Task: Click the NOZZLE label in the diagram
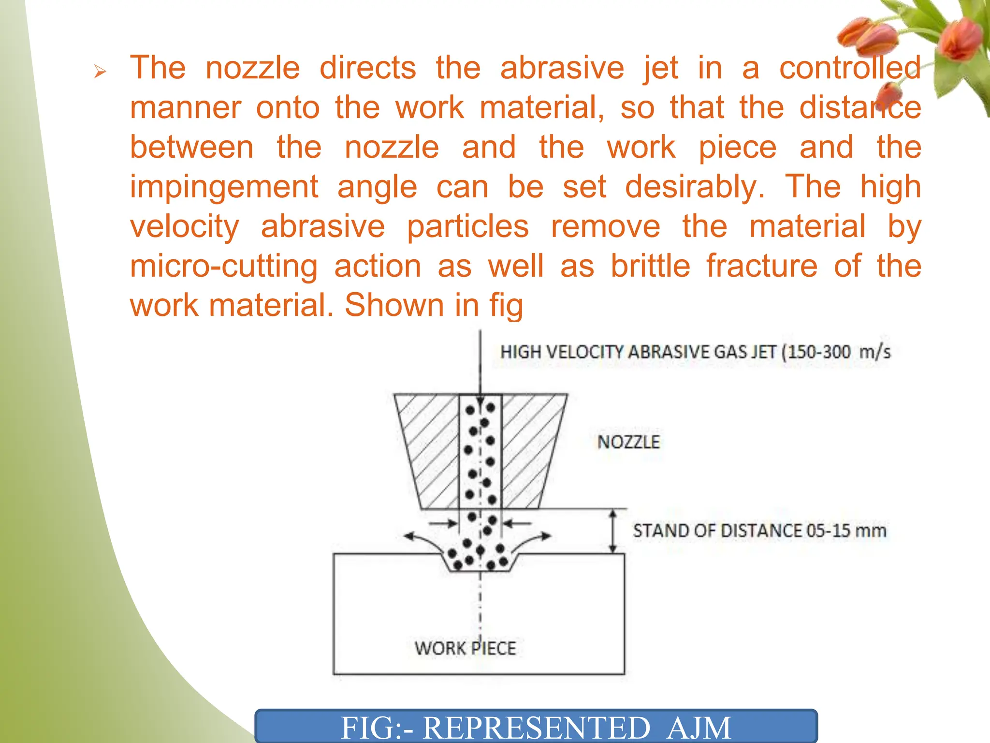click(x=628, y=442)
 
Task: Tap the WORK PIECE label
click(x=465, y=648)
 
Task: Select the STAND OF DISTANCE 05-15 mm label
click(x=759, y=531)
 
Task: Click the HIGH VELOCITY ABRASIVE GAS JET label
click(x=695, y=352)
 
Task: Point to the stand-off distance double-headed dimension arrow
click(x=612, y=531)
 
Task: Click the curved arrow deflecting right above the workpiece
click(x=532, y=538)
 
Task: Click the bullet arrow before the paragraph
click(x=100, y=73)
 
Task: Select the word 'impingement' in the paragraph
click(x=224, y=187)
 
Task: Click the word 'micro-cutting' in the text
click(x=224, y=267)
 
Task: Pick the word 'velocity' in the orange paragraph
click(x=185, y=227)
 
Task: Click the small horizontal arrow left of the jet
click(x=443, y=523)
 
